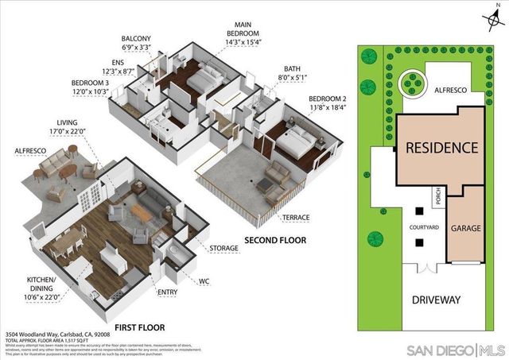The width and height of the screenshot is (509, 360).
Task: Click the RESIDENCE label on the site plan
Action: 442,148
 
